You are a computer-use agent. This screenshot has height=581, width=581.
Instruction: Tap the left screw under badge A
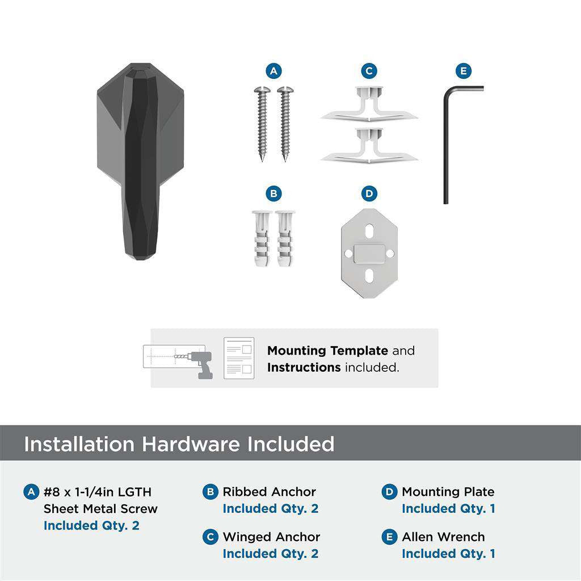[262, 122]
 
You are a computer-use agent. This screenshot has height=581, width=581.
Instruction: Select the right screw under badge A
[284, 122]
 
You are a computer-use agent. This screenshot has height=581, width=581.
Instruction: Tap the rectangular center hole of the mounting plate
[369, 253]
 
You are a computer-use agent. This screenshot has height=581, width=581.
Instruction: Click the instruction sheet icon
[238, 359]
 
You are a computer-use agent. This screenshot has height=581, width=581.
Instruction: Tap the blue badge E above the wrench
[464, 71]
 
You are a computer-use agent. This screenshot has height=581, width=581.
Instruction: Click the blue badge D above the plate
[369, 194]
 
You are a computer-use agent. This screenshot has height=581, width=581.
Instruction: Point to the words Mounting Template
[327, 351]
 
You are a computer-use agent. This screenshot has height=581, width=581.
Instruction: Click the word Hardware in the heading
[191, 444]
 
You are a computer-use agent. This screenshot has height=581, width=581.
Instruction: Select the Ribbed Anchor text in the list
[269, 492]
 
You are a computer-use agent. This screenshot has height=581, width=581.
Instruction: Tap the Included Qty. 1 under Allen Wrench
[448, 553]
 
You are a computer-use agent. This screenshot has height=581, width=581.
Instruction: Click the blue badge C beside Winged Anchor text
[210, 537]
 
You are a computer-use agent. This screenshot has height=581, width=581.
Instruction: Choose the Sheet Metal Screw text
[100, 508]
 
